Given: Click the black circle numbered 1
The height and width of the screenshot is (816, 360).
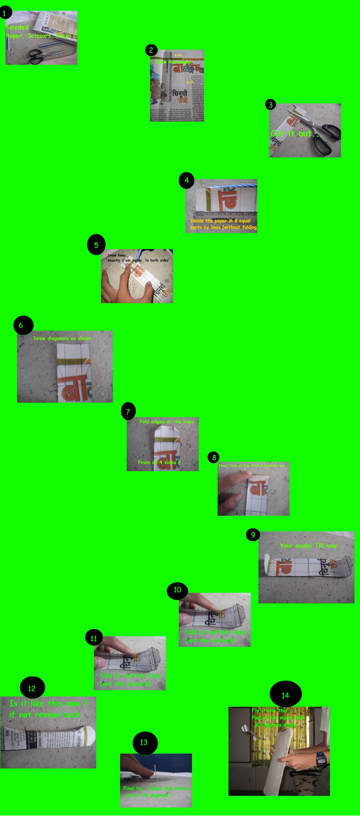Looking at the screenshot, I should (x=5, y=14).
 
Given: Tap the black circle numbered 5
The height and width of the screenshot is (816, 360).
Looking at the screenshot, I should (x=96, y=245).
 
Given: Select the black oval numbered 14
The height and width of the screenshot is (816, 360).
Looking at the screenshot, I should (x=286, y=695).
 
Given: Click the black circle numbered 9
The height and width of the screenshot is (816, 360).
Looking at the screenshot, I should (x=253, y=535).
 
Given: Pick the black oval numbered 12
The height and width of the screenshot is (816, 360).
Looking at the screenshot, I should (x=32, y=688).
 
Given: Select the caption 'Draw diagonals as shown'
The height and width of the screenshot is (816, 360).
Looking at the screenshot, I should (x=63, y=338).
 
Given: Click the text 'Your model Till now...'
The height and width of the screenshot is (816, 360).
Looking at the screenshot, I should (x=312, y=546).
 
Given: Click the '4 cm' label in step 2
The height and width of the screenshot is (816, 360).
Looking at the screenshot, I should (x=178, y=55).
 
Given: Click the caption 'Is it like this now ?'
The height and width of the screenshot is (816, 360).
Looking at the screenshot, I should (x=48, y=703).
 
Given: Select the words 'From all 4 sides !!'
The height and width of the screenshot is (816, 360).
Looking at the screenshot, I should (x=159, y=462).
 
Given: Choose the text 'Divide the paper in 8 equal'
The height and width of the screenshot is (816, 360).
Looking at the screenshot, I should (x=220, y=221).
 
